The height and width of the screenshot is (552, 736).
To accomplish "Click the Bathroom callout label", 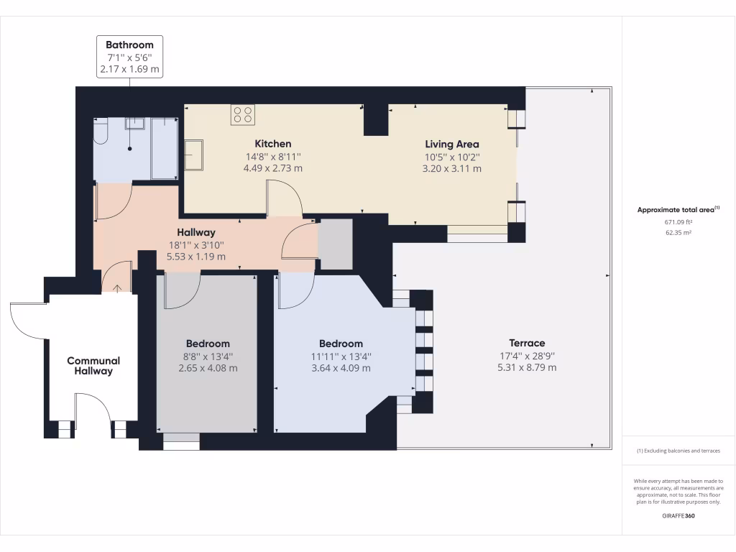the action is pos(129,56).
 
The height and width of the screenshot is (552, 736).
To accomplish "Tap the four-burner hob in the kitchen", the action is pos(243,115).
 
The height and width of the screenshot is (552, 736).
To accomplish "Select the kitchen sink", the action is pos(193,155).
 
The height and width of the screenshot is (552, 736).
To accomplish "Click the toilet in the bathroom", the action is pos(101,131).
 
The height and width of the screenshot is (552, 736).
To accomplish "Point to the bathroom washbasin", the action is pos(134,124).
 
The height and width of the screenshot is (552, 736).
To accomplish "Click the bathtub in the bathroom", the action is pos(165,148).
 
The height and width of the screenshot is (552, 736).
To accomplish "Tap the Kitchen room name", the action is pos(273,144).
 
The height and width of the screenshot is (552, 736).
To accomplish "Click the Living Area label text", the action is pos(452,144).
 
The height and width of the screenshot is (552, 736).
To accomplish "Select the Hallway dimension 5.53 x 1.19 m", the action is pos(196,257).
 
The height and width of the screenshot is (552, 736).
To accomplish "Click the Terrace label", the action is pos(527,343).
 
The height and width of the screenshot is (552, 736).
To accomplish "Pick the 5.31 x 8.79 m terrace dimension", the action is pos(527,367).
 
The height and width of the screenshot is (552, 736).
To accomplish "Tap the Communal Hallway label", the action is pos(93,366).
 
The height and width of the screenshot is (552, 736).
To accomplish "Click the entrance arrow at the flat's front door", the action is pos(117,288).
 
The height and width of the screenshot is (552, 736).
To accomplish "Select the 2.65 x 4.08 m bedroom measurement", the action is pos(208,369).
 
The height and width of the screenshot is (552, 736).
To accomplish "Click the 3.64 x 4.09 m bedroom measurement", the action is pos(341,369).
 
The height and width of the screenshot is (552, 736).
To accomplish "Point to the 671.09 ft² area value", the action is pos(678,222).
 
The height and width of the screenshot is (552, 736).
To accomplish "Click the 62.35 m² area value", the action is pos(678,232).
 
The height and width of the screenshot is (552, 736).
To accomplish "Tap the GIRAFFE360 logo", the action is pos(678,515).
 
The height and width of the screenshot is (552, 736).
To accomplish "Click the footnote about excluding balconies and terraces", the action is pos(678,451).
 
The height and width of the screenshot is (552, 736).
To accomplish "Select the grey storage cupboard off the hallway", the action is pos(335,244).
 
